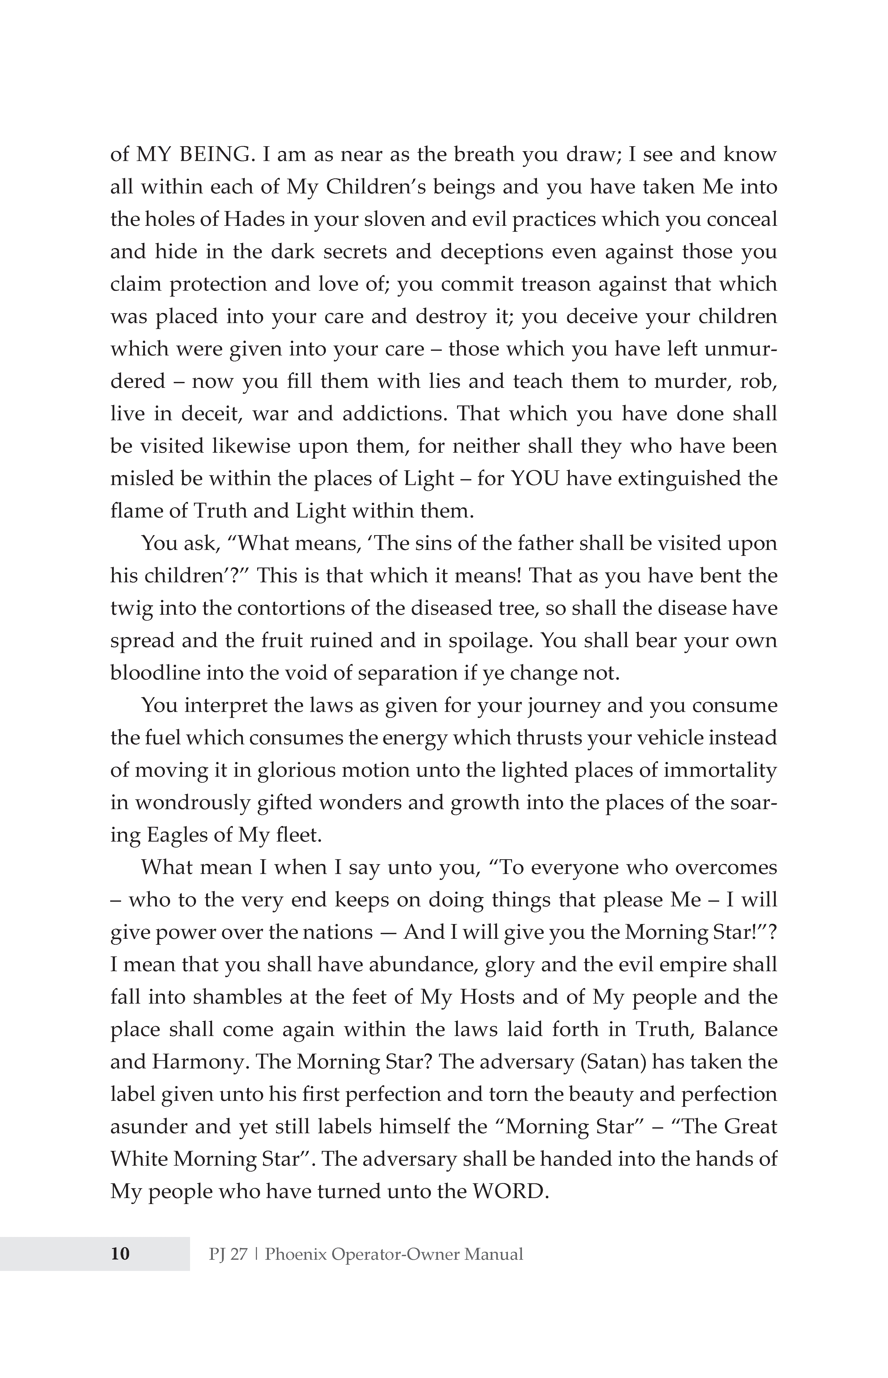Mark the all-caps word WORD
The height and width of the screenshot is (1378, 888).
click(x=507, y=1191)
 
